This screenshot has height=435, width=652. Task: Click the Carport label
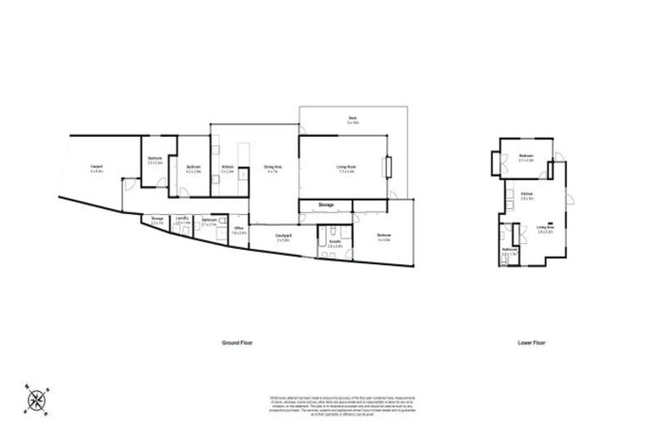[96, 167]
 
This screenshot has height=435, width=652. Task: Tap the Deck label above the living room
[351, 119]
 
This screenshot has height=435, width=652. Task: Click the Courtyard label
[284, 237]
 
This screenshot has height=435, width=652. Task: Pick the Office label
[239, 229]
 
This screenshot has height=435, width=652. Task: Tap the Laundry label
[181, 220]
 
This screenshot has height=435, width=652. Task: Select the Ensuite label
[335, 242]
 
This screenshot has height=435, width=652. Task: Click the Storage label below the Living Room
[325, 206]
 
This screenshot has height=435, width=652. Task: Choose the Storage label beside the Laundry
[157, 220]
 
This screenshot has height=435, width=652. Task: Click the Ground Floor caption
[237, 342]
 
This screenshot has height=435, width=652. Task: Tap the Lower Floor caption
[531, 342]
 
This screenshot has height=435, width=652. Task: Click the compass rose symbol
[37, 398]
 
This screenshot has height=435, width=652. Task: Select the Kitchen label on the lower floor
[526, 195]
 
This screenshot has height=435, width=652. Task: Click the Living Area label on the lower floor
[545, 229]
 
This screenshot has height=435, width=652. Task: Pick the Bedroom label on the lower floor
[526, 156]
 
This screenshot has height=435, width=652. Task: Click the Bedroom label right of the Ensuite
[384, 237]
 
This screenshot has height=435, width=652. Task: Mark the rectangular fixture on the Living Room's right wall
[388, 167]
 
